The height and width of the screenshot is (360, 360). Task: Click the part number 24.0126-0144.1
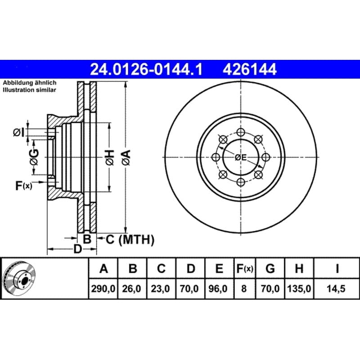pyautogui.click(x=146, y=69)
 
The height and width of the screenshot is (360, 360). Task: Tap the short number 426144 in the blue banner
pyautogui.click(x=250, y=69)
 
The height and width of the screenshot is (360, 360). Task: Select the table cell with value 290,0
pyautogui.click(x=103, y=289)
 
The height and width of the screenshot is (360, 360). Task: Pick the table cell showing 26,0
pyautogui.click(x=132, y=289)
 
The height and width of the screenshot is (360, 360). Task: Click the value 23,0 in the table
pyautogui.click(x=161, y=289)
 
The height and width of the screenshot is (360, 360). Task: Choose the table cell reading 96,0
pyautogui.click(x=219, y=289)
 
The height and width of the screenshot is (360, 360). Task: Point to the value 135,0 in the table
pyautogui.click(x=299, y=289)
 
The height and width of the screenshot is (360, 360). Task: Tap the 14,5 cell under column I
pyautogui.click(x=336, y=289)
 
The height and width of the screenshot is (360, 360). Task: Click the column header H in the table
pyautogui.click(x=299, y=268)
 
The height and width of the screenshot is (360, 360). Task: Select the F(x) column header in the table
pyautogui.click(x=245, y=268)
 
